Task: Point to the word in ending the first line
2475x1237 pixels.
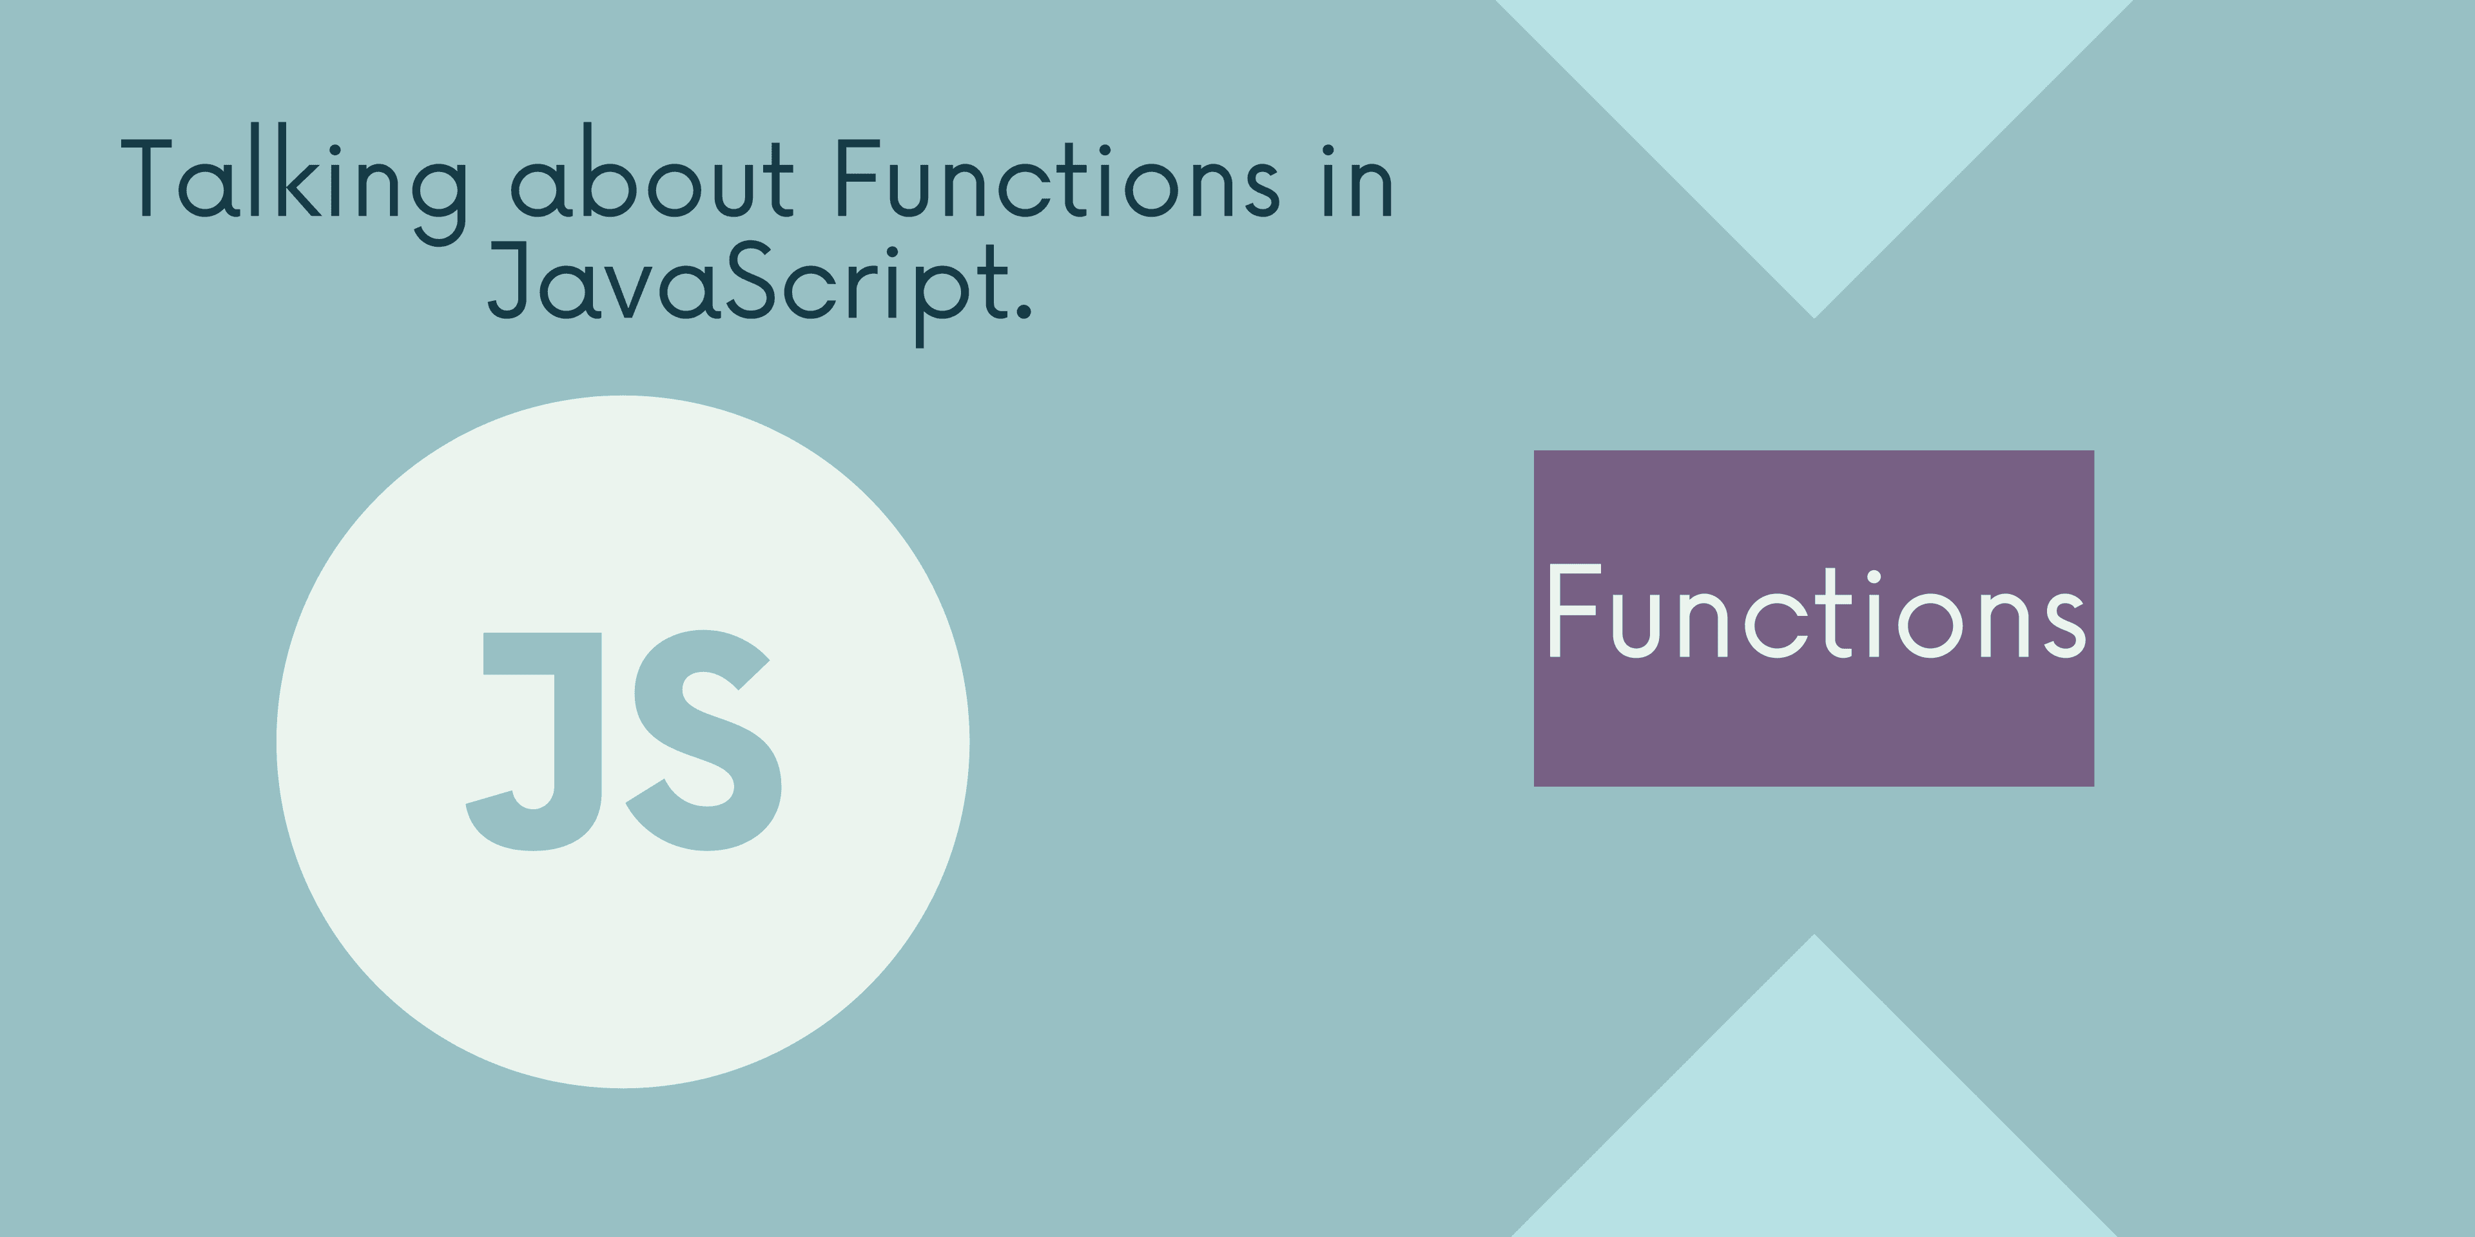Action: click(1357, 180)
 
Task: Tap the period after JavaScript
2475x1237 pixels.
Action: click(1022, 309)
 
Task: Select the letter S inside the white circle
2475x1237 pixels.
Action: click(704, 740)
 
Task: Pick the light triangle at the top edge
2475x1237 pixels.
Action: click(1814, 106)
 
